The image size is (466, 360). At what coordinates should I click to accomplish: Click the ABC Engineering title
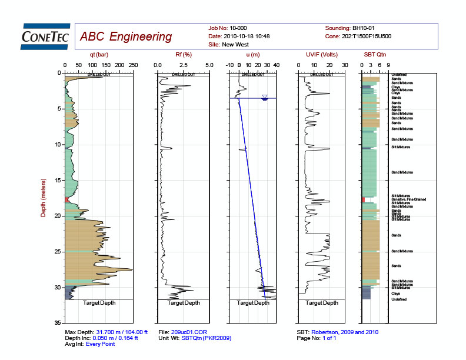(x=126, y=36)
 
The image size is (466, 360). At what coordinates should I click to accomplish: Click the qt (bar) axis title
(x=98, y=55)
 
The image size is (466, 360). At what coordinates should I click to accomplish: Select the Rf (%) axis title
(x=182, y=55)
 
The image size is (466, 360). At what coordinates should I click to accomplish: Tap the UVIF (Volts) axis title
(x=321, y=55)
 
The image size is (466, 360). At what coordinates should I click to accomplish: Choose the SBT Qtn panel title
(x=375, y=55)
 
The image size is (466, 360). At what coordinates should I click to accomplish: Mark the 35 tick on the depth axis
(x=58, y=324)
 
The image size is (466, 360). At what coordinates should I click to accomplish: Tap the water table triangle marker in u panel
(x=265, y=96)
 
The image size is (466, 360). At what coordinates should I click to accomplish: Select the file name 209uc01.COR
(x=189, y=332)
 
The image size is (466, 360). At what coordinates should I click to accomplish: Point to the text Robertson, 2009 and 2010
(x=345, y=332)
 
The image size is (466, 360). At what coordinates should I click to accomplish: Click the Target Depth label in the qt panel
(x=99, y=303)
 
